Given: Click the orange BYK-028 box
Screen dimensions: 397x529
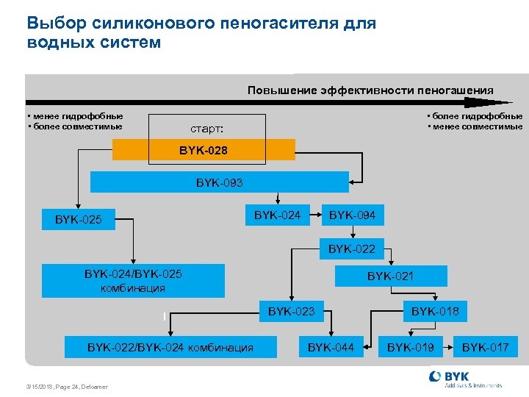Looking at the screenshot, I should [204, 151].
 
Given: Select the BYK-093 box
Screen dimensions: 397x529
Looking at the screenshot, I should [219, 182].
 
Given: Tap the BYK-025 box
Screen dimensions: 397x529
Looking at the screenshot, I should [79, 219].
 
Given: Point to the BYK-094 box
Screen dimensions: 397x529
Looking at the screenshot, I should [352, 215].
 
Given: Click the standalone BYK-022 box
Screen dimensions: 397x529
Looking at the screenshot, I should [351, 249].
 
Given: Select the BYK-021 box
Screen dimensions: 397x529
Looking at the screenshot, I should [390, 276].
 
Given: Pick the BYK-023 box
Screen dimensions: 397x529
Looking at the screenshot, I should [291, 312].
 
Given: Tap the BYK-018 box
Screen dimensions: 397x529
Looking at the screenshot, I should [435, 312].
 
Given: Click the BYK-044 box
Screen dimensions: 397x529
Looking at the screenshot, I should [331, 347].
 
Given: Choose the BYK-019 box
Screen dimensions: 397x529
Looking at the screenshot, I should [411, 347].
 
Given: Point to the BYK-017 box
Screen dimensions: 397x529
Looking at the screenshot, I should [485, 347].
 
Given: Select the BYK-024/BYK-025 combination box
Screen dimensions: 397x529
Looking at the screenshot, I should [133, 281].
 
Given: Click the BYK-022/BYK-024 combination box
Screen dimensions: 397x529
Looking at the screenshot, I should [170, 347].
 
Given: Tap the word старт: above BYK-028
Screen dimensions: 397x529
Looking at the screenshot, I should [206, 129].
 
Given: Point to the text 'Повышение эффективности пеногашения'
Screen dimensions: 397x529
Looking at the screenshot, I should [370, 90].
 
